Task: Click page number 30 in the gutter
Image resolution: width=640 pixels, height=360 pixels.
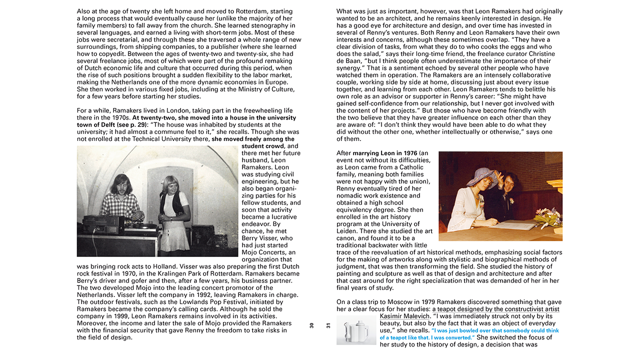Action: [x=311, y=325]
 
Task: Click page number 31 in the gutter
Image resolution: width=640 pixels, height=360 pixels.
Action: [x=328, y=325]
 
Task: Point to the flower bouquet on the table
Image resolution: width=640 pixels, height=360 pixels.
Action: [x=548, y=218]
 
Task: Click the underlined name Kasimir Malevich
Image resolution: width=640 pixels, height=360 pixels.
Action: [x=404, y=316]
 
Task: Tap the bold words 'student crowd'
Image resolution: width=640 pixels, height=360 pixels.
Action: [x=263, y=146]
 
